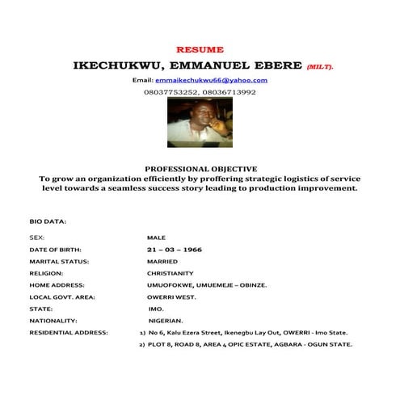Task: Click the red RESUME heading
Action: (x=200, y=49)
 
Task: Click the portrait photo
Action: (x=199, y=121)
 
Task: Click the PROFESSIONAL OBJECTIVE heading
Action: (x=200, y=168)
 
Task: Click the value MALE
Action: (x=156, y=238)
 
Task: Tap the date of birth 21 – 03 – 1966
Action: (x=169, y=251)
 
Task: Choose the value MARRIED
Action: (x=163, y=262)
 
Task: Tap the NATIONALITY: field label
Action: (x=53, y=321)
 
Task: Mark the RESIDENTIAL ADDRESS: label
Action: (x=68, y=332)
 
